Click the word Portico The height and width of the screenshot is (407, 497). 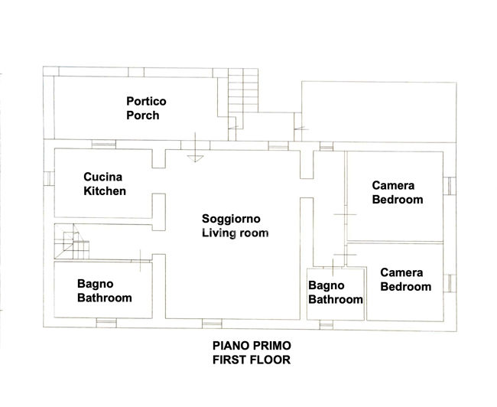[x=146, y=101]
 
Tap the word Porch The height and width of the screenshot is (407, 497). [x=143, y=116]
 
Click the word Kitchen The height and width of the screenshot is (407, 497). [x=104, y=191]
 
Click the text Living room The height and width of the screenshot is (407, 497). [x=235, y=233]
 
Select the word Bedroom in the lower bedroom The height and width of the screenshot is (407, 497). [x=405, y=287]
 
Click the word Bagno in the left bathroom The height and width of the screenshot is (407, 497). [x=96, y=284]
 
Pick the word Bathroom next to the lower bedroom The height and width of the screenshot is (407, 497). [x=336, y=300]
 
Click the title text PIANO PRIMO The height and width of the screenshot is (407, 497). [x=252, y=345]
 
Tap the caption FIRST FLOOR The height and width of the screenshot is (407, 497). [x=252, y=359]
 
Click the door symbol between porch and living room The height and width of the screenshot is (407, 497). [x=197, y=148]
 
